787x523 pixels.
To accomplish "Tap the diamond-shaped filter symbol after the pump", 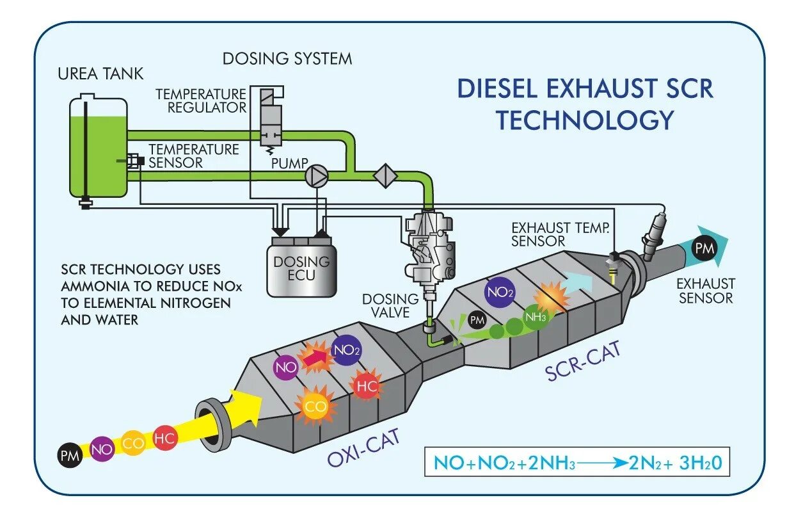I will (x=385, y=175).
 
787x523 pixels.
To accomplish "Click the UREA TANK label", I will (x=100, y=72).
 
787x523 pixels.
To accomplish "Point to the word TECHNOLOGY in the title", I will (x=585, y=120).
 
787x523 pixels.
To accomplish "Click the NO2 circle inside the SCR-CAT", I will (x=500, y=291).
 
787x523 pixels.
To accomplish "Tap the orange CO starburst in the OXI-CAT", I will (x=314, y=405).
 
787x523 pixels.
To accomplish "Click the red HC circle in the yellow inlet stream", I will (x=164, y=439).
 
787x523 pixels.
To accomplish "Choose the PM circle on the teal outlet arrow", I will (x=704, y=246).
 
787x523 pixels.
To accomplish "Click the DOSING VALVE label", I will (x=390, y=306).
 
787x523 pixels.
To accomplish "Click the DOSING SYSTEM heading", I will (x=287, y=59).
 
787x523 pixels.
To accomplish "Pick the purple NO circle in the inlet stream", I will (x=102, y=449).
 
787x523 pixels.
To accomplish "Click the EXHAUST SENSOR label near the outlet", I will (x=706, y=290).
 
